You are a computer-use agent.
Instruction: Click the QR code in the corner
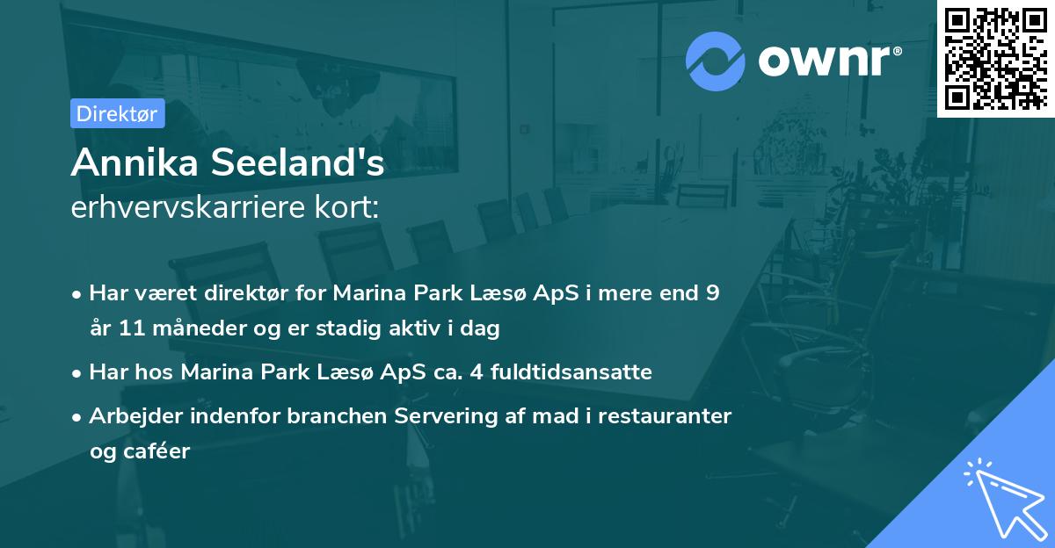click(995, 59)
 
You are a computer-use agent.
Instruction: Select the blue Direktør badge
click(117, 113)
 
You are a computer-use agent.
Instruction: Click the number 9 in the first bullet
click(711, 293)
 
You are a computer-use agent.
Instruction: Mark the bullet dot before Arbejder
click(77, 417)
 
